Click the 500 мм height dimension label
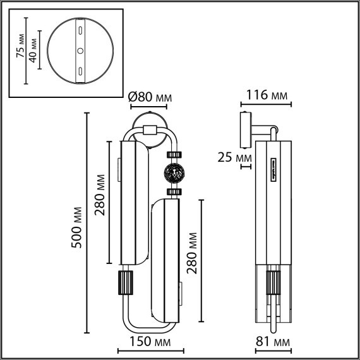pos(76,227)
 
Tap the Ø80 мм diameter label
pos(150,97)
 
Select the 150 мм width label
pos(150,342)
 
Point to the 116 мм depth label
pos(267,95)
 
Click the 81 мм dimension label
pos(273,342)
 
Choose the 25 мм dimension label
pos(235,158)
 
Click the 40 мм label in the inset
pos(33,51)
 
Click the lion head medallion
pos(174,173)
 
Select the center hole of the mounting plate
pos(80,51)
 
